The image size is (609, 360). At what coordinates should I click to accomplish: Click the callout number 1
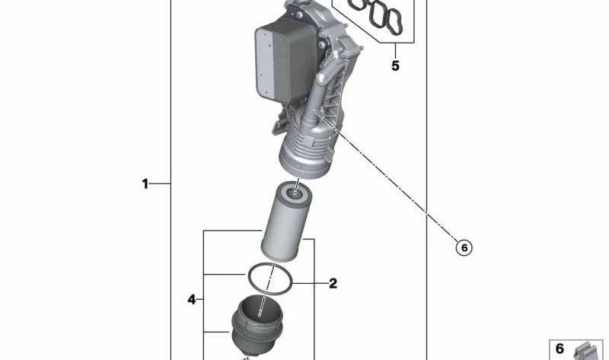click(145, 183)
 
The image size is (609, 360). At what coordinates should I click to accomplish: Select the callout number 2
click(333, 283)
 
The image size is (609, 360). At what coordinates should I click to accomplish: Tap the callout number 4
click(192, 299)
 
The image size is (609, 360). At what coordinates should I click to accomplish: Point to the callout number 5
click(395, 65)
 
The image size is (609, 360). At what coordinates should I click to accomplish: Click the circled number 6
click(464, 247)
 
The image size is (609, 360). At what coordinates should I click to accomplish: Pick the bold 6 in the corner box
click(560, 349)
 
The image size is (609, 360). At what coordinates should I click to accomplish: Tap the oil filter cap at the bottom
click(257, 328)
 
